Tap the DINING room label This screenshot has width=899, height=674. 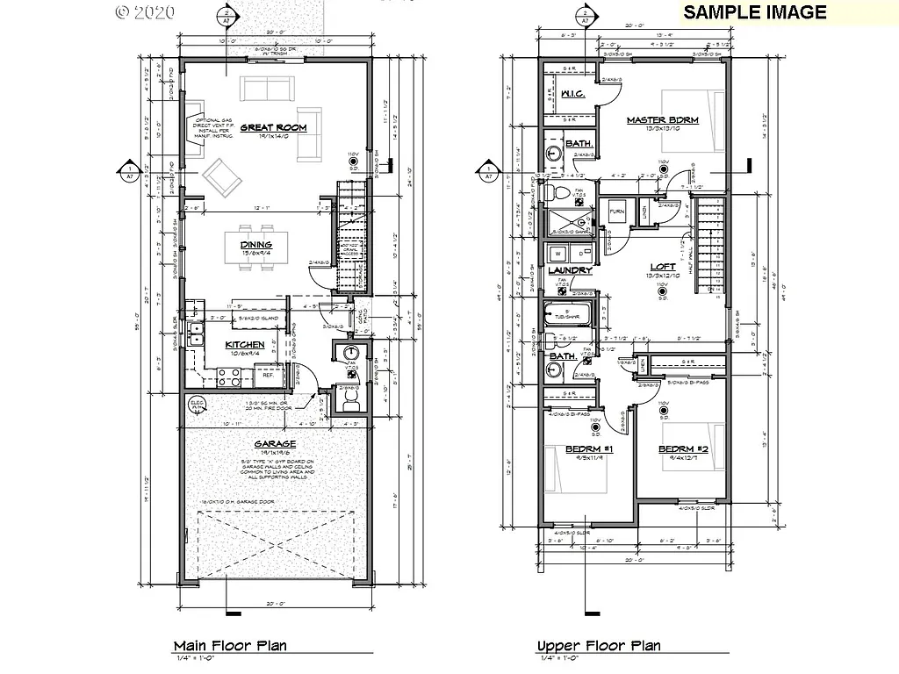255,245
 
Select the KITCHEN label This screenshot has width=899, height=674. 245,345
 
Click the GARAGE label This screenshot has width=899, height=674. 275,444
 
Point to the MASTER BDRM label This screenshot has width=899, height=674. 663,120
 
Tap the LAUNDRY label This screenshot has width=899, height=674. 571,270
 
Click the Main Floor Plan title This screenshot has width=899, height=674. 229,646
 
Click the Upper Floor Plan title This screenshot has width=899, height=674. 599,646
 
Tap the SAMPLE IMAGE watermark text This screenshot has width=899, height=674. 754,11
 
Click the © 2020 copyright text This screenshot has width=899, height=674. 145,12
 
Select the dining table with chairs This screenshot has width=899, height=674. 255,245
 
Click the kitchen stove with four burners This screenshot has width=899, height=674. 230,377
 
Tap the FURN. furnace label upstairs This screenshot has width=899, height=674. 615,212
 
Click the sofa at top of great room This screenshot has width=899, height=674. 269,88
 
